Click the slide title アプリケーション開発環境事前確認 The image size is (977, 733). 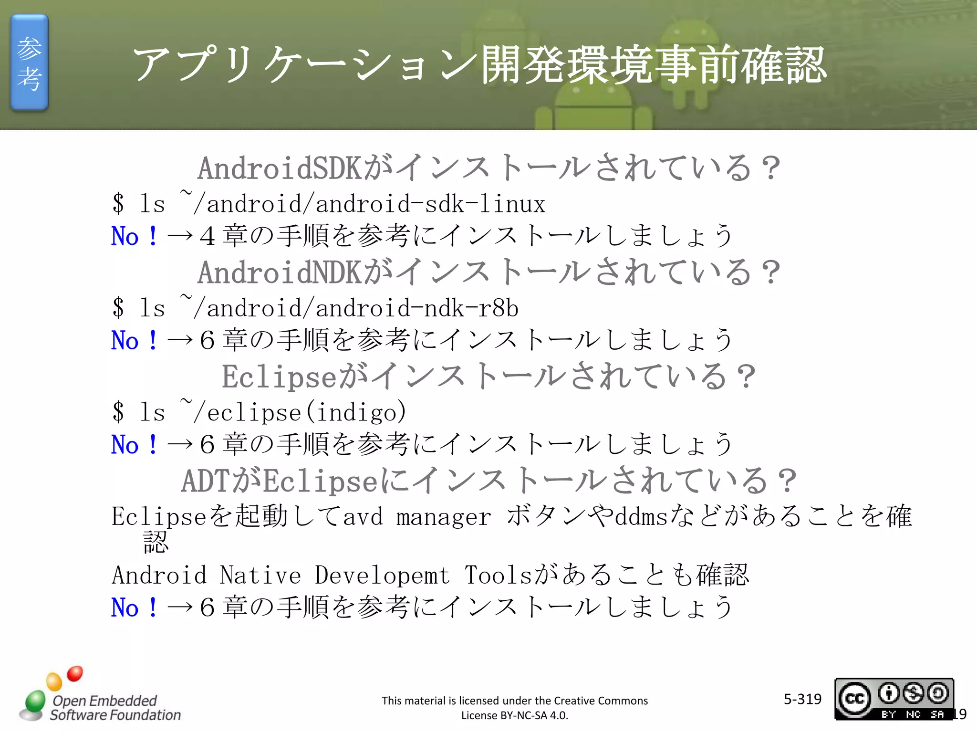point(479,64)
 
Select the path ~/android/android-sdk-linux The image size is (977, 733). point(363,204)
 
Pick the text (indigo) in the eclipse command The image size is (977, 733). point(355,412)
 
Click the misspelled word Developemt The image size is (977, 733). point(382,575)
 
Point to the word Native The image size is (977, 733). point(260,575)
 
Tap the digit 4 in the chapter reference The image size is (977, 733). point(207,236)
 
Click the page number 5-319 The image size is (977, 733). point(802,699)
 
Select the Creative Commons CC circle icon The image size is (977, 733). point(854,699)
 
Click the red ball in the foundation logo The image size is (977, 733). point(75,673)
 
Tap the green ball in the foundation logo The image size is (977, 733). point(35,701)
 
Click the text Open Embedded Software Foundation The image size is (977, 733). point(114,708)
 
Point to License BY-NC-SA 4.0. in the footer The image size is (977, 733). point(514,715)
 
